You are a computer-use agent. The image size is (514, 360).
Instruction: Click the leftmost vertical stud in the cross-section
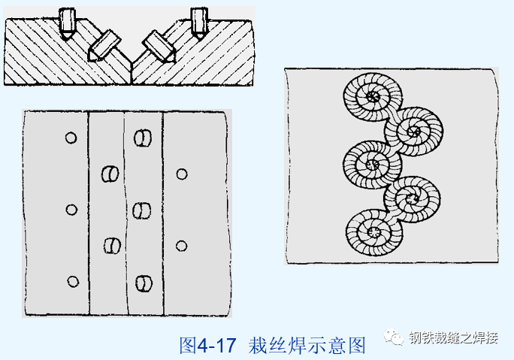click(67, 23)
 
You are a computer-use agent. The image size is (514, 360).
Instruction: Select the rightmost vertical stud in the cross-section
click(199, 23)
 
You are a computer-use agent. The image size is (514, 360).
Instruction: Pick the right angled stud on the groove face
click(159, 45)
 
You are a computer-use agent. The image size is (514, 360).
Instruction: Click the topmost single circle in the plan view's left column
click(71, 138)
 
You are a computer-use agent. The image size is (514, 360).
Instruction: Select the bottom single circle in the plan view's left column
click(73, 282)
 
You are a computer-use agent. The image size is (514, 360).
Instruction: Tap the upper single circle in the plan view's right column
click(181, 174)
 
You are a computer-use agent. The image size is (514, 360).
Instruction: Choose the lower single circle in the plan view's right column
click(181, 246)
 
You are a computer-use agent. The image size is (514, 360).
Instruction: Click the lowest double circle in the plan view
click(142, 283)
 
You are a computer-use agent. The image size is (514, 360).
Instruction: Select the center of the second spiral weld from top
click(413, 132)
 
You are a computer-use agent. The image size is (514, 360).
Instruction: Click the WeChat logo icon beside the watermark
click(395, 338)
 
